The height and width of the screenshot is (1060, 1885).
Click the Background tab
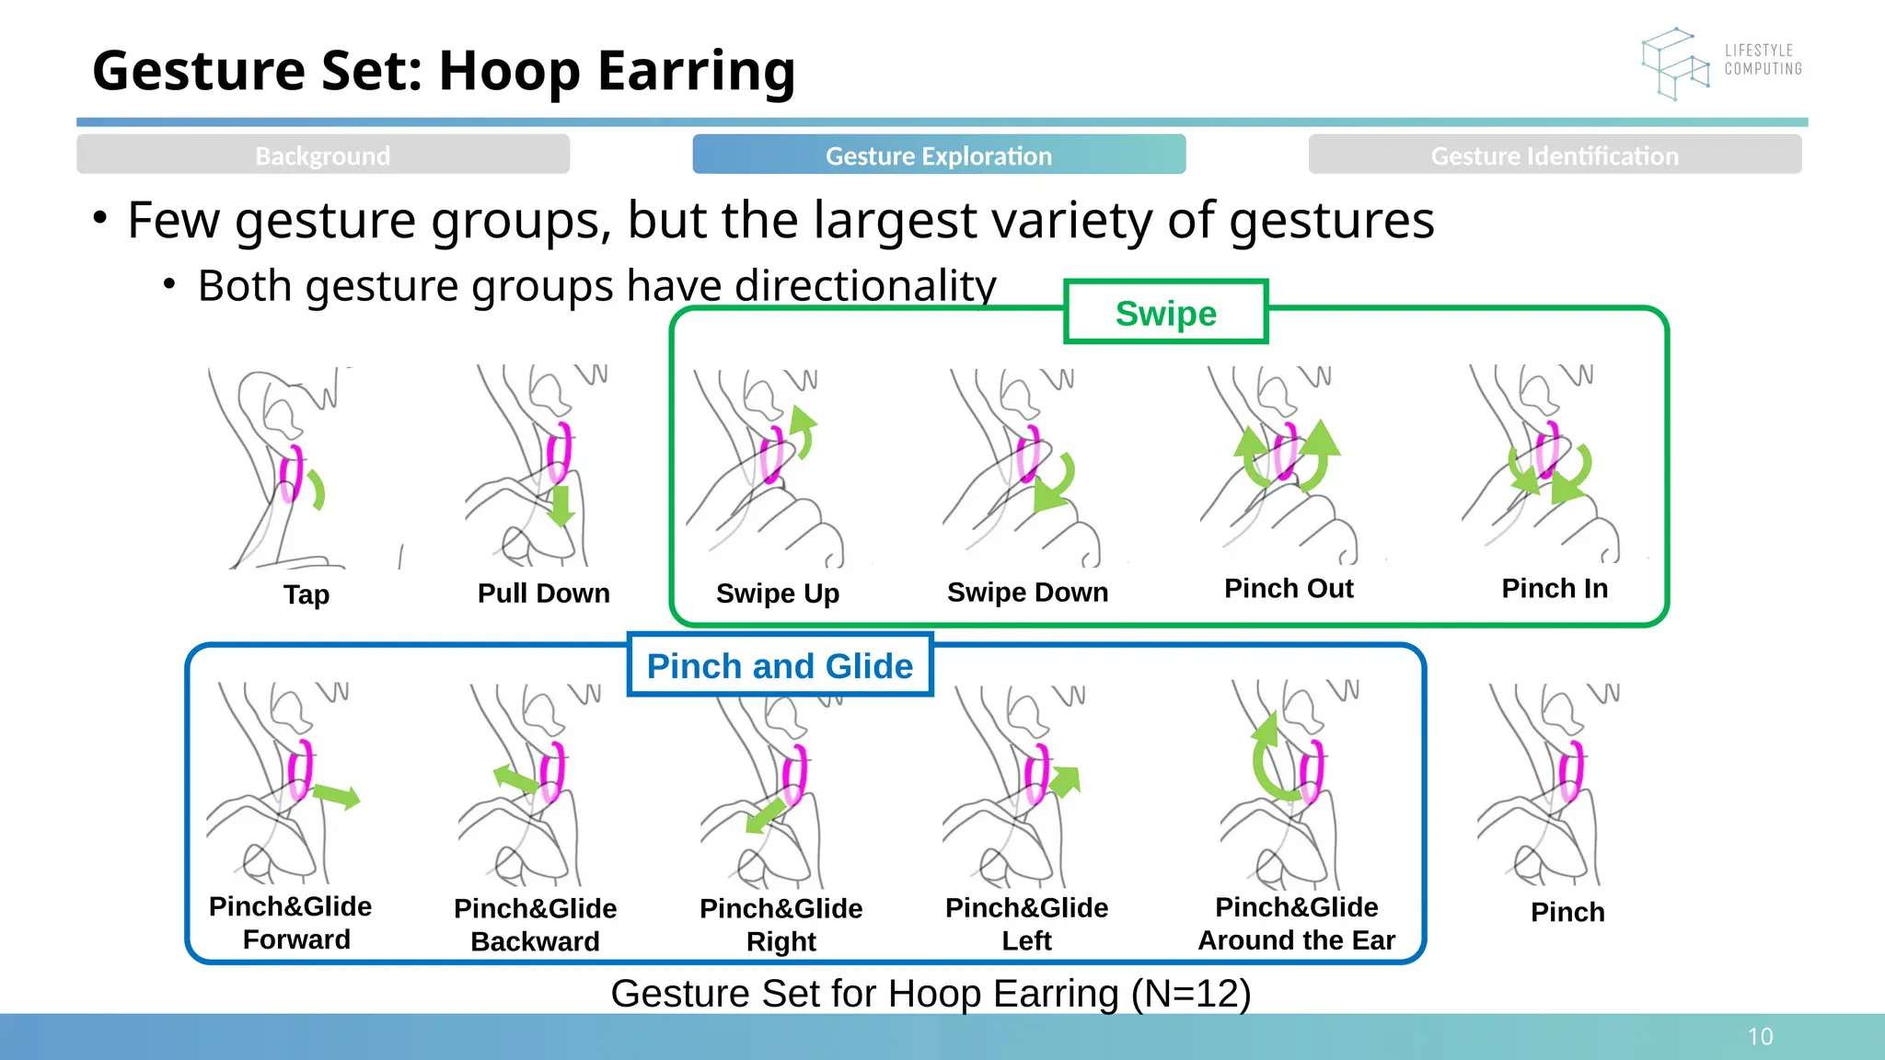point(323,155)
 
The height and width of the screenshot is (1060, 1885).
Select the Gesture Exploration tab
point(939,155)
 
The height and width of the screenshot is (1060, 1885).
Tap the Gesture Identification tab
point(1555,155)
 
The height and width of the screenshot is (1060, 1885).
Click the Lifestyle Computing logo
point(1719,63)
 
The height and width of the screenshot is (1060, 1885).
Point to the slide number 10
point(1760,1037)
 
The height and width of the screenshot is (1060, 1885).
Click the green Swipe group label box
point(1165,313)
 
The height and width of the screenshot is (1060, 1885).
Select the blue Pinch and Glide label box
point(780,665)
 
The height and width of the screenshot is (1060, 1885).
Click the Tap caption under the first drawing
point(306,594)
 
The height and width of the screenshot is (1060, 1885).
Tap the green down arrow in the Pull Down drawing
point(561,506)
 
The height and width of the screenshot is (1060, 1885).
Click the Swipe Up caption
point(778,593)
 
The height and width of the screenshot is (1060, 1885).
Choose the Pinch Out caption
point(1289,589)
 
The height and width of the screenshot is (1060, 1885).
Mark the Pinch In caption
point(1555,589)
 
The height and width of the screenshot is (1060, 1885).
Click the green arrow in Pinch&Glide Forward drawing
point(337,795)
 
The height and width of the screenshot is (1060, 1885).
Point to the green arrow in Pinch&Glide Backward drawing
point(515,778)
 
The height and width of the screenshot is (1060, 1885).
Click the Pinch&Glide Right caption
point(781,924)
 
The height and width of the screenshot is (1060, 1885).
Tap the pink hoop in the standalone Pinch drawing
point(1570,771)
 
